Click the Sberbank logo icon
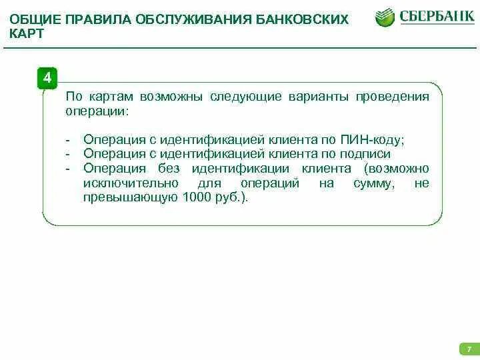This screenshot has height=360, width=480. point(385,18)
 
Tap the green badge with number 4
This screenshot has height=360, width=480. point(47,78)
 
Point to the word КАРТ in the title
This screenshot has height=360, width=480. point(27,33)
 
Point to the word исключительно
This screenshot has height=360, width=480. point(131,183)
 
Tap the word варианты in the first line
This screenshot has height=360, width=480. point(317,97)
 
